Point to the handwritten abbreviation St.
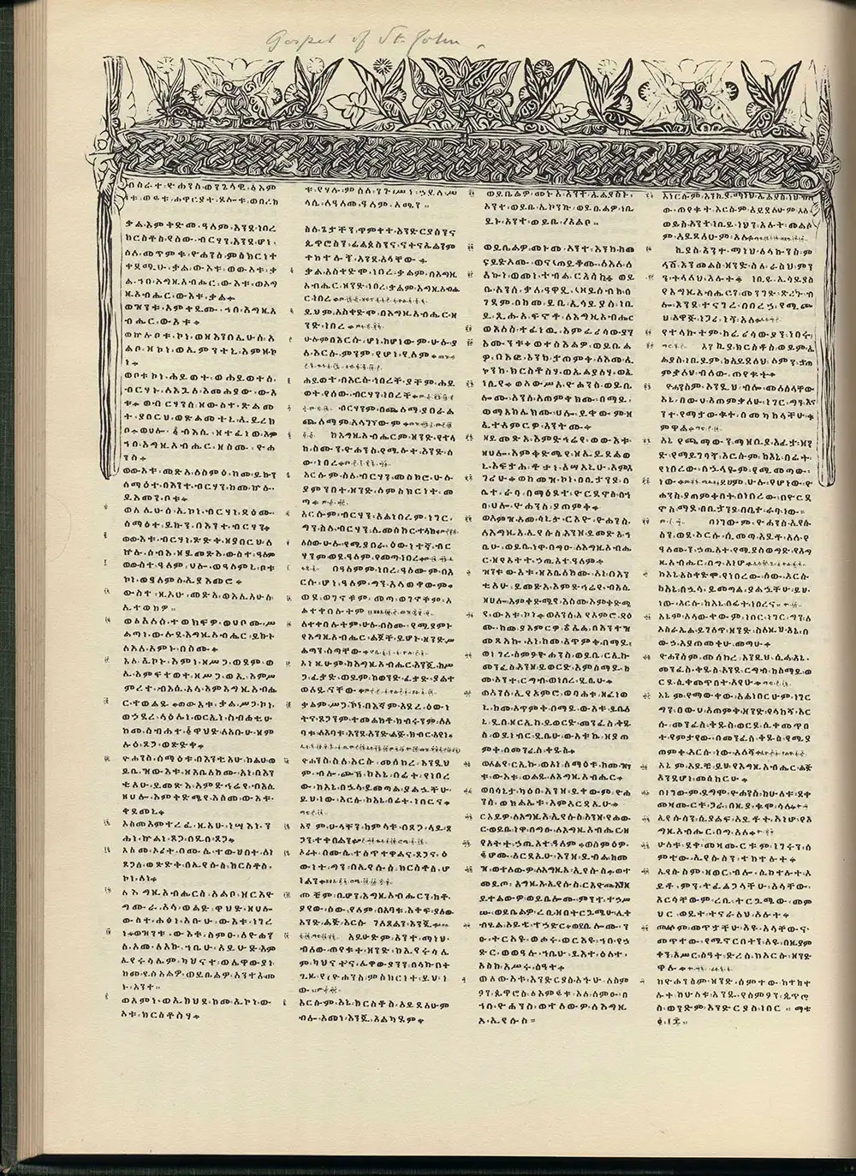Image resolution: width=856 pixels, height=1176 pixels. point(401,37)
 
